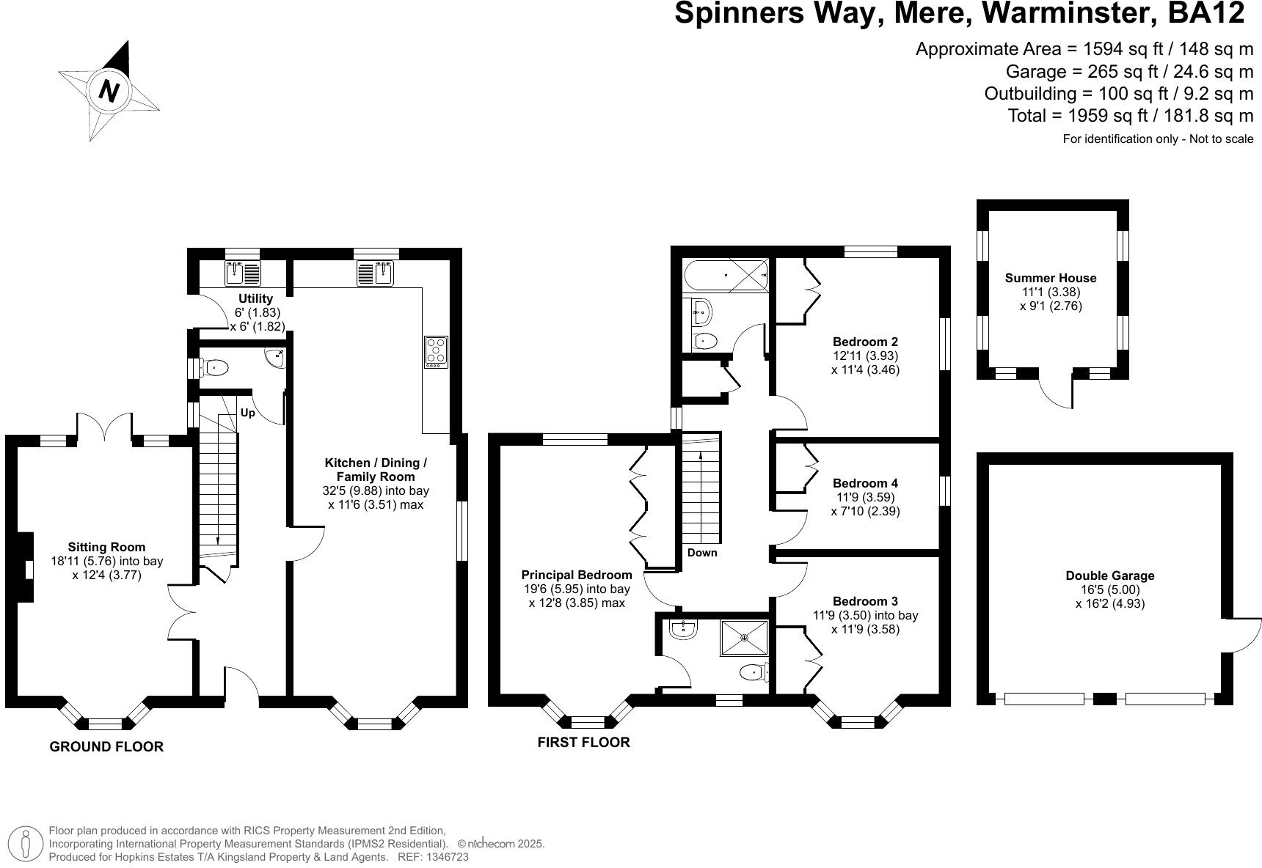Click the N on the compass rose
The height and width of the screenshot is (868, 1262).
point(109,92)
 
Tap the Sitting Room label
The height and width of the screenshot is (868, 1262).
point(106,547)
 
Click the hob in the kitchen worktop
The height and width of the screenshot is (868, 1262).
point(436,351)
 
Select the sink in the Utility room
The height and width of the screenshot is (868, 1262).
point(243,273)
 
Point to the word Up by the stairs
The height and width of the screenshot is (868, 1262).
point(248,413)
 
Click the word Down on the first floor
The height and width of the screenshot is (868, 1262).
point(702,553)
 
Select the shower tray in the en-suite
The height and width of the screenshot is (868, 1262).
point(745,638)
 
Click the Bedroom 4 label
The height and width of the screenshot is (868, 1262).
point(865,483)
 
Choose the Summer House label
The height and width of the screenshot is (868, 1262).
point(1050,278)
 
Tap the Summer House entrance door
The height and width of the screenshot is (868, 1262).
point(1057,392)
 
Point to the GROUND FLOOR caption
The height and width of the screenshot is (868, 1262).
point(106,746)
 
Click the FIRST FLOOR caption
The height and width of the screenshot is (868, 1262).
point(583,742)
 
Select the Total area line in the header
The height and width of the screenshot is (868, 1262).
point(1130,116)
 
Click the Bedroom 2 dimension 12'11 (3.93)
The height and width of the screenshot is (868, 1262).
point(865,356)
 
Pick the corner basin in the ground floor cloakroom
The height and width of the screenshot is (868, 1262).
point(275,357)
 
